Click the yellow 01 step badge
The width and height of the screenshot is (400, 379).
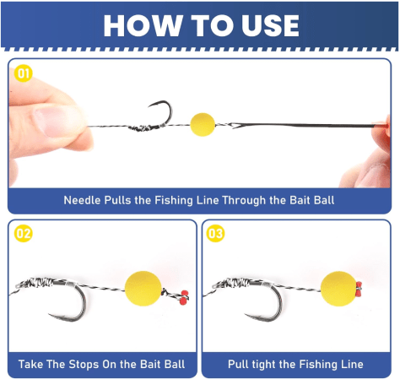coord(24,73)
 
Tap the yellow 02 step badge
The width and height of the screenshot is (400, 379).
coord(24,234)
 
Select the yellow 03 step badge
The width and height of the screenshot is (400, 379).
coord(215,234)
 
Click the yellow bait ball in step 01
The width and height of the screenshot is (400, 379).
coord(203,125)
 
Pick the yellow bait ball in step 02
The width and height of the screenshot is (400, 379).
coord(143,289)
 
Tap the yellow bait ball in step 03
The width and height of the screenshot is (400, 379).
coord(338,289)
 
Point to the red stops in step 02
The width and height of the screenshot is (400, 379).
coord(184,298)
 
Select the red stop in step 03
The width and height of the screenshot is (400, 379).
coord(359,290)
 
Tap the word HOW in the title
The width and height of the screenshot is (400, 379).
coord(143,25)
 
